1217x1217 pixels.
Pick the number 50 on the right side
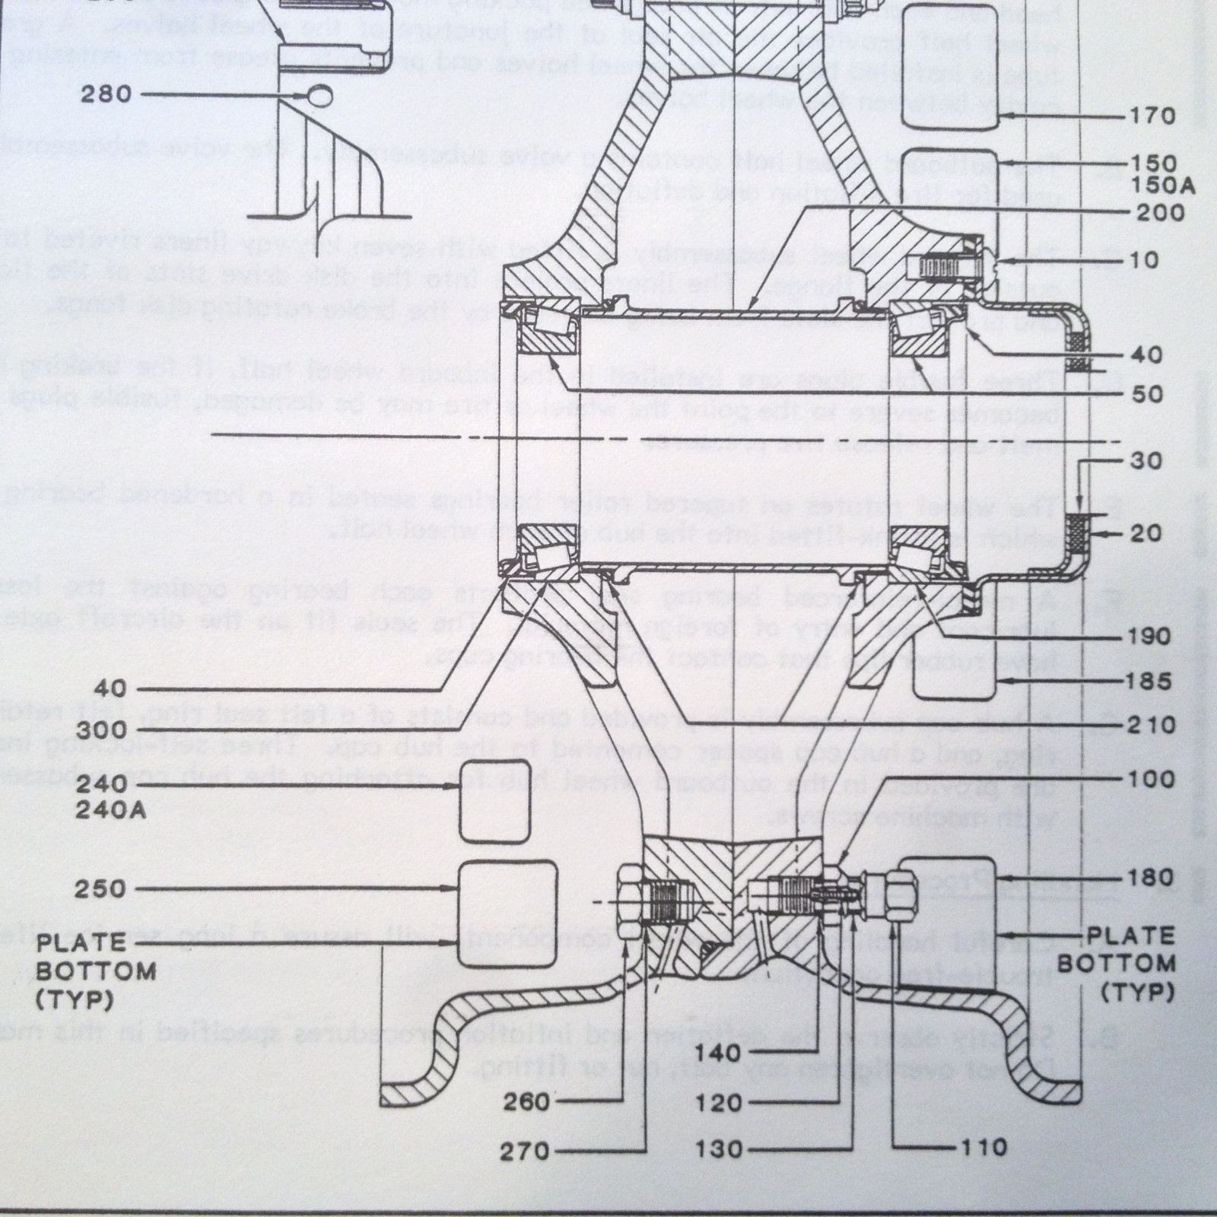click(1148, 393)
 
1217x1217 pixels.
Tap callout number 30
click(1147, 461)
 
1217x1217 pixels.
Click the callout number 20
click(1147, 533)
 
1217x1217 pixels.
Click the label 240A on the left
click(110, 809)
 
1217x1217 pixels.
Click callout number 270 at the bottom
click(525, 1150)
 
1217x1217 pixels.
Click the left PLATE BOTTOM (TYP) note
click(97, 971)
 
